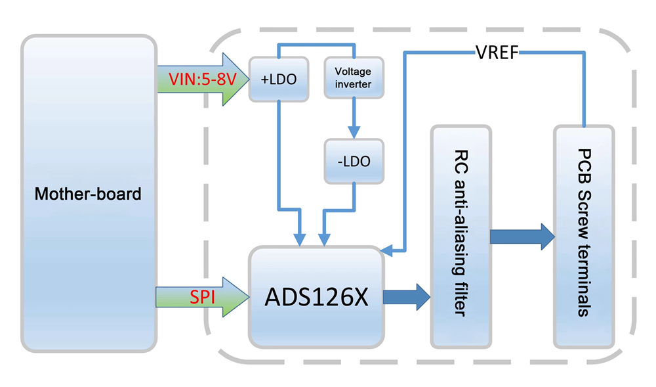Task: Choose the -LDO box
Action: (x=354, y=162)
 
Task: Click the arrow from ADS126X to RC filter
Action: (x=405, y=297)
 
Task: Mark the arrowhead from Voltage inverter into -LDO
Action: (x=354, y=134)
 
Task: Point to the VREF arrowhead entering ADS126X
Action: (x=387, y=250)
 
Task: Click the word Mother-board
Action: (x=88, y=194)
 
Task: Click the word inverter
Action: (x=353, y=84)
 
